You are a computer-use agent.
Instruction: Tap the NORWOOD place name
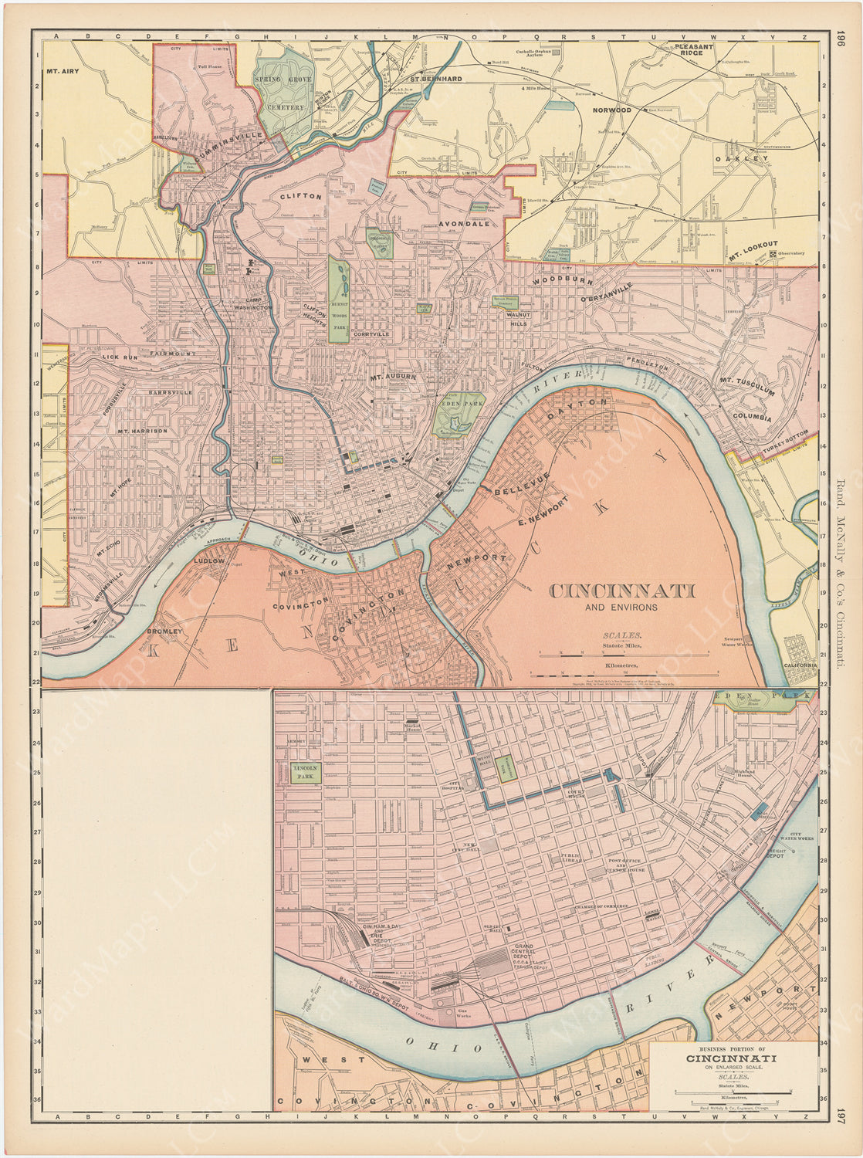(611, 110)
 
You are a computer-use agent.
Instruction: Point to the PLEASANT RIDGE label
(694, 51)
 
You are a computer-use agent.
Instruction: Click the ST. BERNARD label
(435, 79)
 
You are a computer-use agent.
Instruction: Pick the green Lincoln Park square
(307, 774)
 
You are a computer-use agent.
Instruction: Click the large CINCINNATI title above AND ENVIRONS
(621, 591)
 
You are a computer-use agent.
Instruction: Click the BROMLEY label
(165, 631)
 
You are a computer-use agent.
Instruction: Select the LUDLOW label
(209, 561)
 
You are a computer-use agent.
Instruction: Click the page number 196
(841, 39)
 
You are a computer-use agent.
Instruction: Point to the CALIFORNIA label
(800, 665)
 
